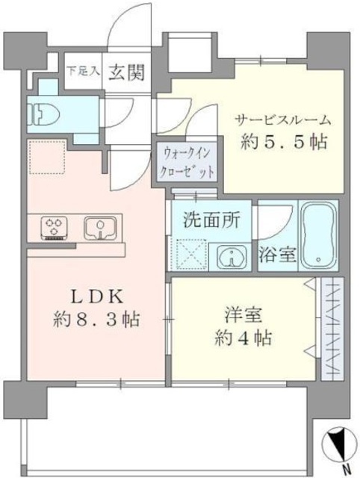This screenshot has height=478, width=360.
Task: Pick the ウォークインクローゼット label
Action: tap(187, 160)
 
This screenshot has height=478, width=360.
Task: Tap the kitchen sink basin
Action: tap(99, 226)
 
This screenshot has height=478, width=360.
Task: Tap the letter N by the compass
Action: tap(345, 469)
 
